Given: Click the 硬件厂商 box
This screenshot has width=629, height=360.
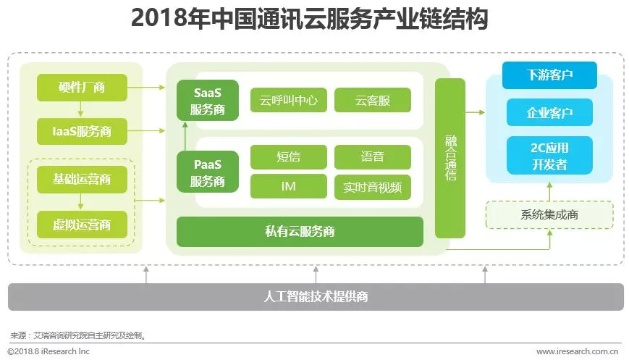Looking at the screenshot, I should coord(82,88).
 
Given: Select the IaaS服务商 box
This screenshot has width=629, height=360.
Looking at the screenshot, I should coord(82,132).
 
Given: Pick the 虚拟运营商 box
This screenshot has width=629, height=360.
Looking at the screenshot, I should coord(82,225).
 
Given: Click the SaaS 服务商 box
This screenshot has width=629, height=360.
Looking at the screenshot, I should coord(208,101).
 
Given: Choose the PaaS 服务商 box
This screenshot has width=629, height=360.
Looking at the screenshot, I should coord(208,171).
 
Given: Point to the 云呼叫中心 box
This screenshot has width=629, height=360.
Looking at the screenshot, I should coord(288,100).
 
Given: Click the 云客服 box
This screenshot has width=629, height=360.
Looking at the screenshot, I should coord(373,100).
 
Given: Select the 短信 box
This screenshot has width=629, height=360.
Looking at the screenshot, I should coord(288,157).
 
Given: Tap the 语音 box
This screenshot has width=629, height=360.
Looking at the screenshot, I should coord(373,157).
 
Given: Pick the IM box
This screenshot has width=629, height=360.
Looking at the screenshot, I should coord(288,187).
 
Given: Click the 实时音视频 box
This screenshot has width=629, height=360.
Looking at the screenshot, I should coord(373,187).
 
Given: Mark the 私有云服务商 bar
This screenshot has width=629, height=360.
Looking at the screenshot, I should coord(300,232).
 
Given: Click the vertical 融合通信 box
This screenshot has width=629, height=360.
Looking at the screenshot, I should coord(449,158).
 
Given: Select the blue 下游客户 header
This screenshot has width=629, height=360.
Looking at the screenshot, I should coord(549,75).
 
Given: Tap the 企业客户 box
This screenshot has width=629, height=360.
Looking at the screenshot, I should coord(549,112).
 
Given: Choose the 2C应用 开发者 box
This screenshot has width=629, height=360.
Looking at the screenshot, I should coord(549,155).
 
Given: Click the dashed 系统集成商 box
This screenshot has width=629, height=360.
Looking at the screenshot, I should coord(549,214).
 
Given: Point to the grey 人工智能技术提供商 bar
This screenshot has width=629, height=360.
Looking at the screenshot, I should coord(316,296).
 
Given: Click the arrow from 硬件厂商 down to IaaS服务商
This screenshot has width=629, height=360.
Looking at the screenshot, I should coord(82,110).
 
